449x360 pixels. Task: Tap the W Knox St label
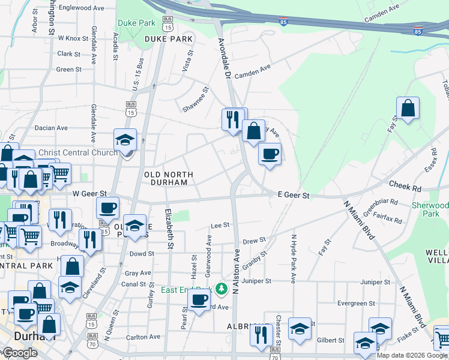coord(73,38)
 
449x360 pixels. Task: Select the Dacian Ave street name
coord(51,128)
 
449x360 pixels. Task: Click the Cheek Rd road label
coord(405,187)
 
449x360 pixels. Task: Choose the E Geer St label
coord(294,196)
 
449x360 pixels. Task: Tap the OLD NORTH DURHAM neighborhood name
coord(169,179)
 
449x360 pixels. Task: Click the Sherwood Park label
coord(430,209)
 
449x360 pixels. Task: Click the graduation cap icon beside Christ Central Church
coord(126,140)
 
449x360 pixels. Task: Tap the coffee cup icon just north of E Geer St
coord(270,154)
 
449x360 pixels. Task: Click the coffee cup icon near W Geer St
coord(108,208)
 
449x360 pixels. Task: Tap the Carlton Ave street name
coord(143,337)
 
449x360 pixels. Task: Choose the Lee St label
coord(220,226)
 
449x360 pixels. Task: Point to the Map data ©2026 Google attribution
coord(411,355)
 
